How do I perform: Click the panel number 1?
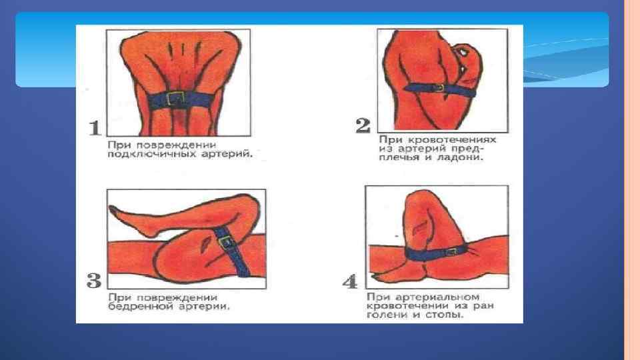click(x=95, y=128)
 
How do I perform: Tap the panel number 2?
click(x=363, y=125)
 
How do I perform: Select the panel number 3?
click(x=94, y=281)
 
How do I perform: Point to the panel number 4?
click(x=350, y=281)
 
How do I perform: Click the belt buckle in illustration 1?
click(x=175, y=99)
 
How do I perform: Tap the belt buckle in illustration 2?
click(x=439, y=88)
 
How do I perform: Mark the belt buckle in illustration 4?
click(x=451, y=251)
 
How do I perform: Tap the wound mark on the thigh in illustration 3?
click(x=205, y=245)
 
